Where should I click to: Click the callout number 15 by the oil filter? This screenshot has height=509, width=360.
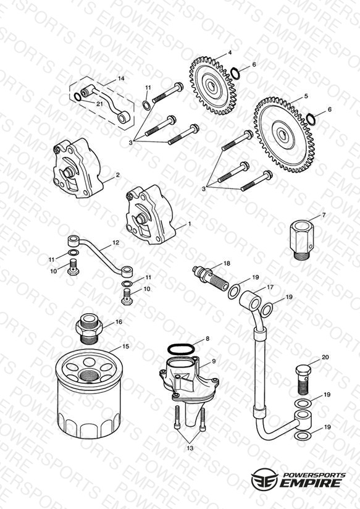tap(125, 347)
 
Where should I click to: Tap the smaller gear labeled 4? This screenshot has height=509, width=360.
tap(212, 86)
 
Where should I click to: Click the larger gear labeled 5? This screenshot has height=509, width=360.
tap(284, 135)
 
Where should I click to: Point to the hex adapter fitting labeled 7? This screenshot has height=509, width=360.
tap(302, 240)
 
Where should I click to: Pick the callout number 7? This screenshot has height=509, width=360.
tap(324, 215)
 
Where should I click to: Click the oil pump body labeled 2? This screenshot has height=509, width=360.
tap(78, 168)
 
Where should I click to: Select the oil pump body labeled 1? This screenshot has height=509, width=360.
tap(151, 215)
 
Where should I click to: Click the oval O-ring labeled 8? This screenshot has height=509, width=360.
tap(181, 350)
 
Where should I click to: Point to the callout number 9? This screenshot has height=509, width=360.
tap(214, 361)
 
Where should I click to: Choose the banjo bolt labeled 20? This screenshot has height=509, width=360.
tap(303, 381)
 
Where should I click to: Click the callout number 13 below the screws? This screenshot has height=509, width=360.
tap(190, 448)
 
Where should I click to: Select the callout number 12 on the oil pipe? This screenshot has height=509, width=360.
tap(115, 243)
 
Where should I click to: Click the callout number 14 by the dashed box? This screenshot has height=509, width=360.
tap(121, 78)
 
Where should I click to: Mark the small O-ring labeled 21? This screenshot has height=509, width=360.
tap(78, 97)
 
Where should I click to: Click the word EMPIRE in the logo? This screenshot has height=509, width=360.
tap(309, 482)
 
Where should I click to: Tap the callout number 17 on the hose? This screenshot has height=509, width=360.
tap(270, 287)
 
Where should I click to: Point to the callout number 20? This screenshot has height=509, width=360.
tap(325, 357)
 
